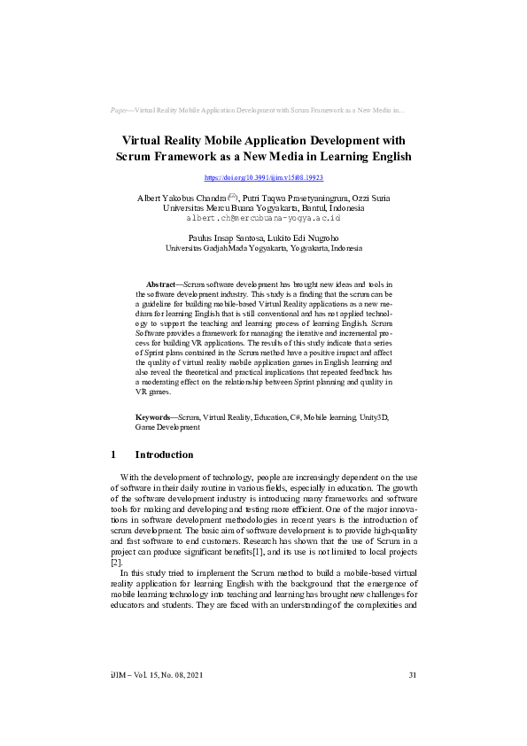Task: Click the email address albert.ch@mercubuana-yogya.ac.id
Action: (263, 217)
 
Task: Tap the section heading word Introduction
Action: (164, 455)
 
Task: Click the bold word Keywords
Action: (154, 416)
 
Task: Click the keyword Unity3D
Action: (373, 416)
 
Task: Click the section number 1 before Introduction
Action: (113, 455)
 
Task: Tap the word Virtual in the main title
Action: (151, 140)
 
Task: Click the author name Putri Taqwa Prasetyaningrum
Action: (295, 198)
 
